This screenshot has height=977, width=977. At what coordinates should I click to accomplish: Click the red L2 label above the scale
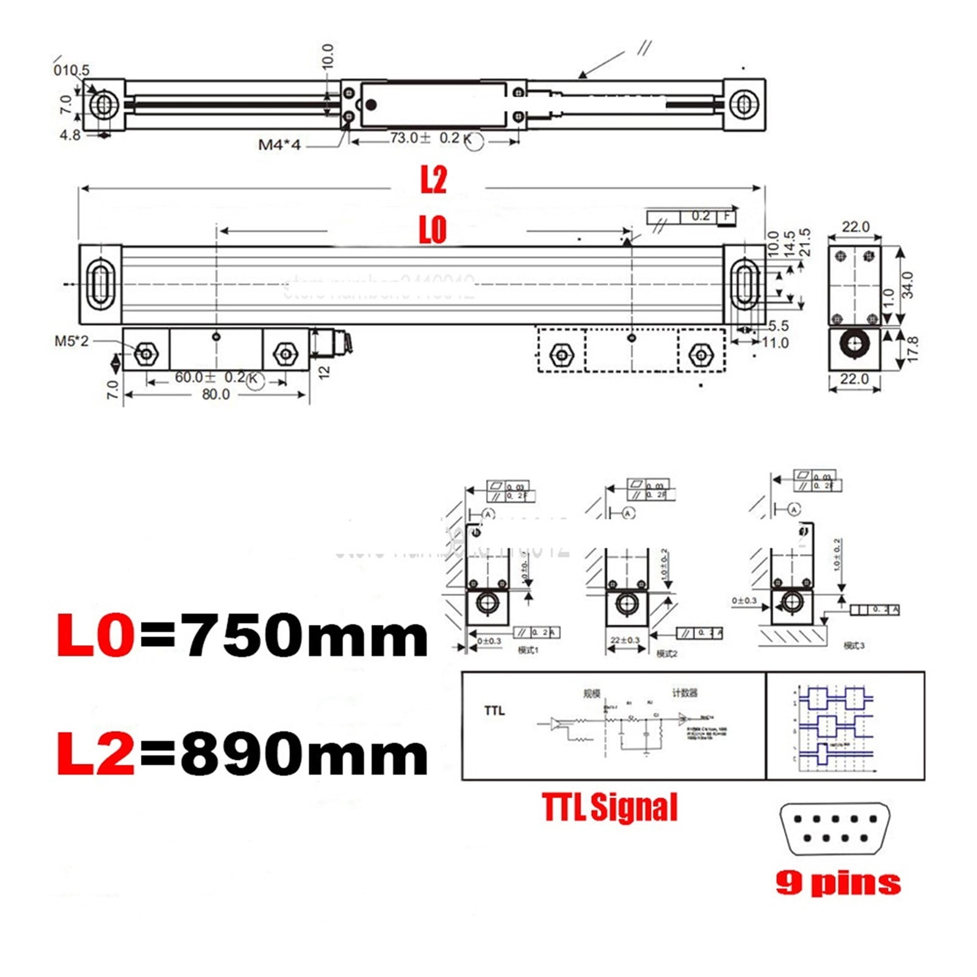coord(433,180)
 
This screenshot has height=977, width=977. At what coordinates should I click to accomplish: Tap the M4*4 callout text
coord(279,145)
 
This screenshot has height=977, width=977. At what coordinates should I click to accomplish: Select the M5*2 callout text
coord(71,341)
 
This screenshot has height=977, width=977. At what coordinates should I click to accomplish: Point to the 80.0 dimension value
coord(215,395)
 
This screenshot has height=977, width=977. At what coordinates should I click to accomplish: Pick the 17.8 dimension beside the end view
coord(912,349)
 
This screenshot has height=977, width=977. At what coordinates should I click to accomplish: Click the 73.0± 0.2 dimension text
coord(425,138)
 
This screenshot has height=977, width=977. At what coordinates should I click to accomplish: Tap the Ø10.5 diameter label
coord(71,70)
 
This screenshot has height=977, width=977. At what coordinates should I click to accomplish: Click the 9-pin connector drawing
coord(834,829)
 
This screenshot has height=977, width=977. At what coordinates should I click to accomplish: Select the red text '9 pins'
coord(838,883)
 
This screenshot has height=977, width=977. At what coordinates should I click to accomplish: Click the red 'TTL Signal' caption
coord(610,807)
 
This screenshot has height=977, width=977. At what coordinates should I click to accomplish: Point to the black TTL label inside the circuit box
coord(494,711)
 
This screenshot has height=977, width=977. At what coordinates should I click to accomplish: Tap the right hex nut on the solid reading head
coord(285,353)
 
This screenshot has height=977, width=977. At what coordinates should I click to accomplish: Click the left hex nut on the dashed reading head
coord(561,354)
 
